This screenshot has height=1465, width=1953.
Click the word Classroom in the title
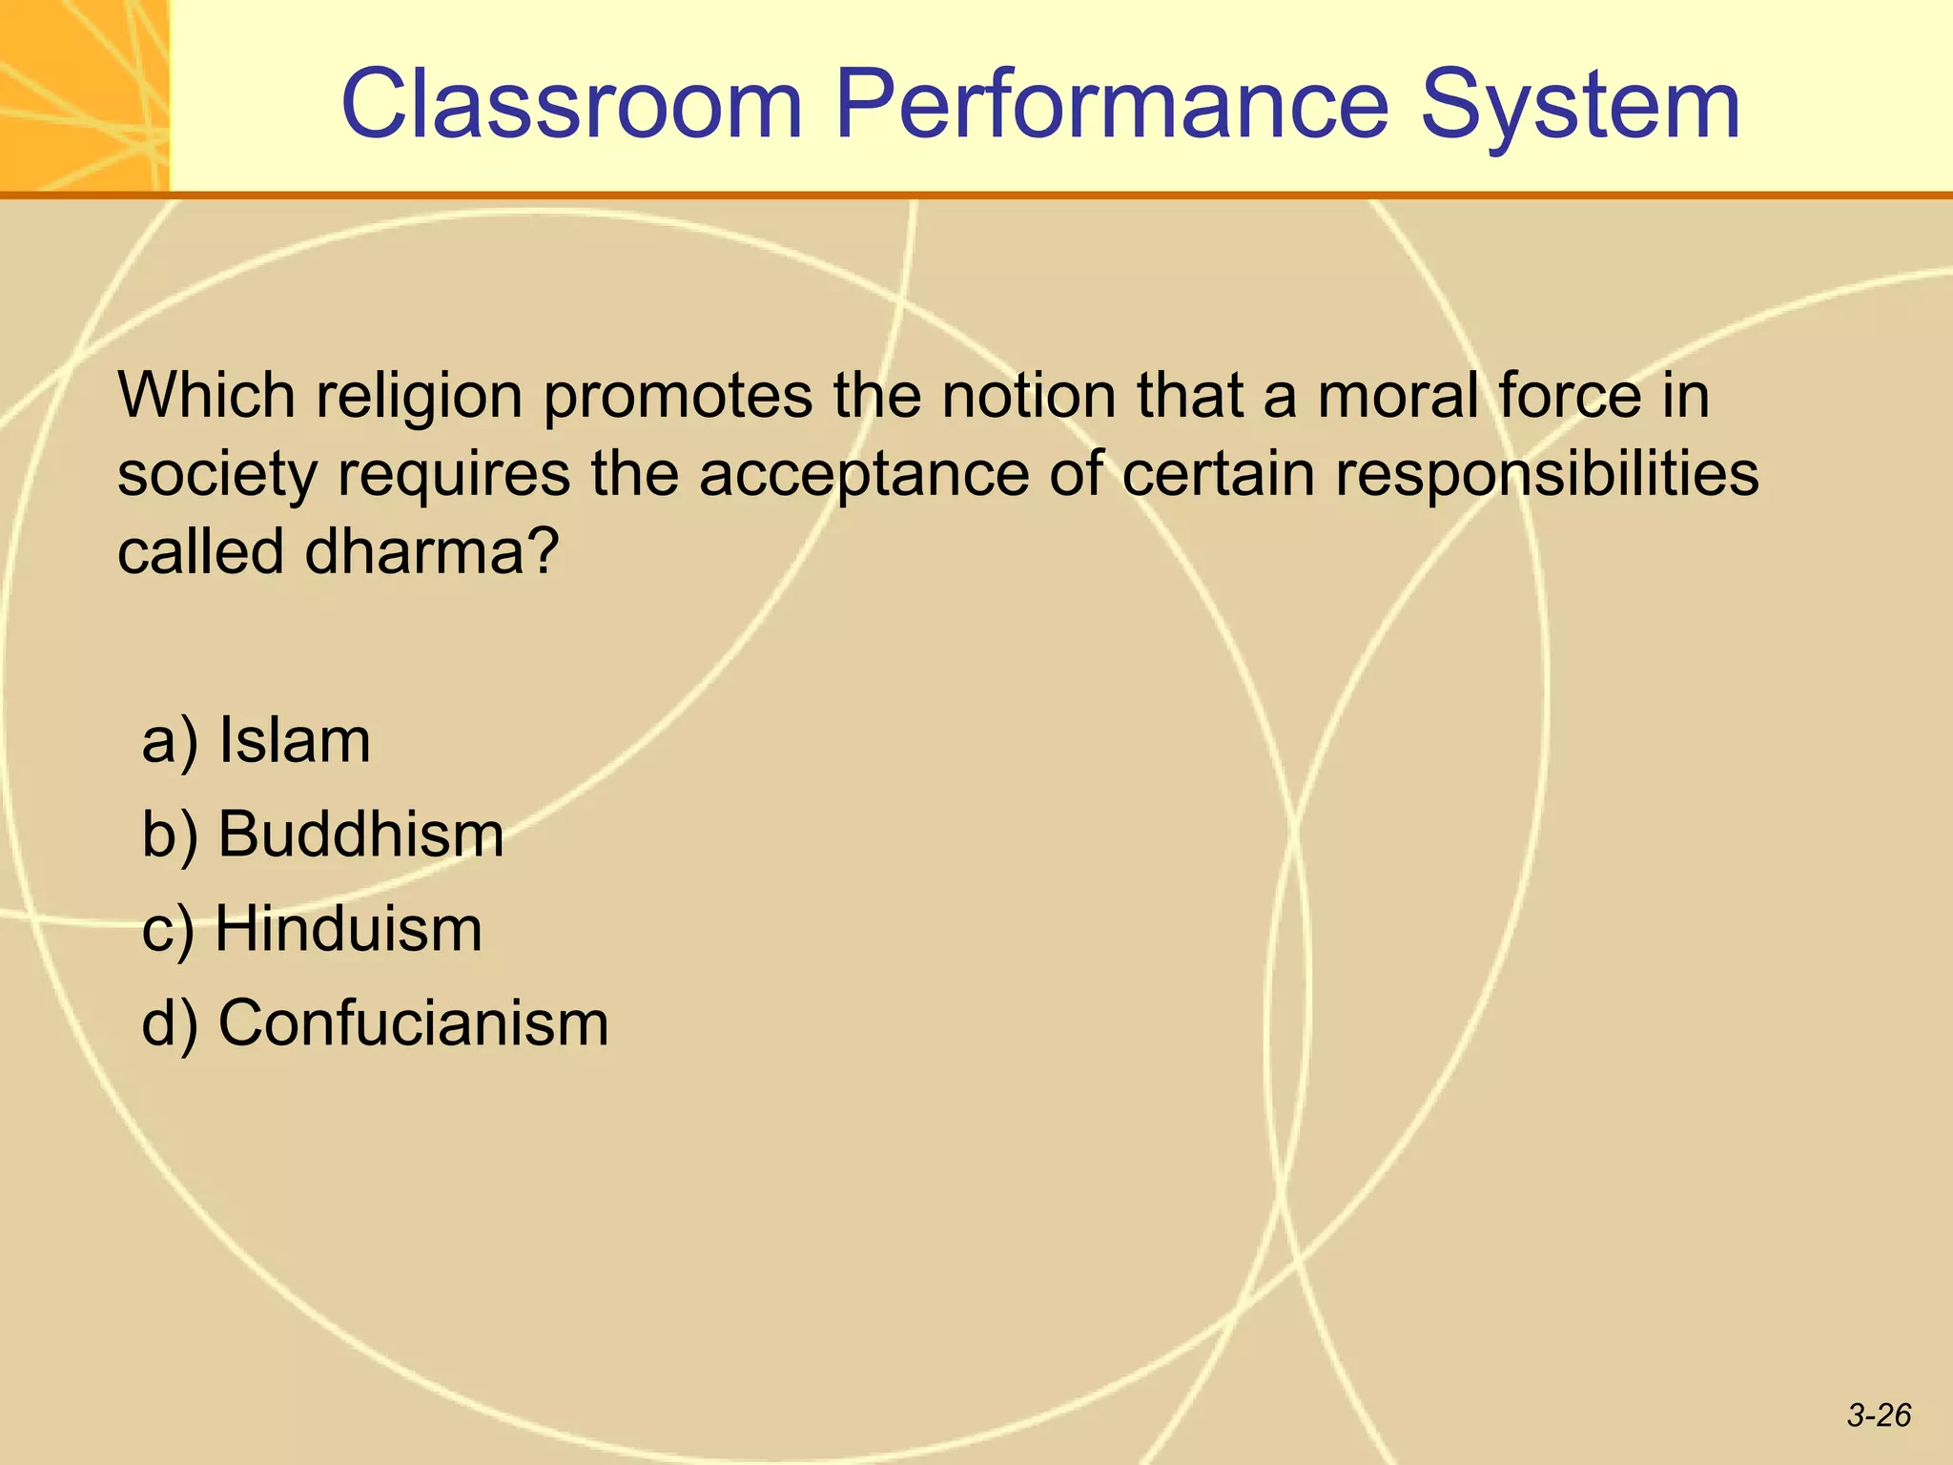(x=572, y=105)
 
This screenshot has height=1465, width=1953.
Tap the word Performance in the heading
(x=1111, y=105)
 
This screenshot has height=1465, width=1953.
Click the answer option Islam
(x=294, y=741)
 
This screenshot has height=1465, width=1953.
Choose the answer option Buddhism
(x=360, y=835)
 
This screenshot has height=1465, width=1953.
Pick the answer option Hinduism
(x=348, y=929)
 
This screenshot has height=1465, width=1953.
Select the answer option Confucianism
(x=413, y=1023)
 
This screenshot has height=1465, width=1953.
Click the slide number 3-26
(x=1879, y=1415)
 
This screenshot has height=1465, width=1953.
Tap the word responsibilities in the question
(x=1546, y=474)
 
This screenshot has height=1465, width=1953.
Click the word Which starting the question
(x=206, y=395)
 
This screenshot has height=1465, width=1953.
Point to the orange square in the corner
(x=84, y=95)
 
